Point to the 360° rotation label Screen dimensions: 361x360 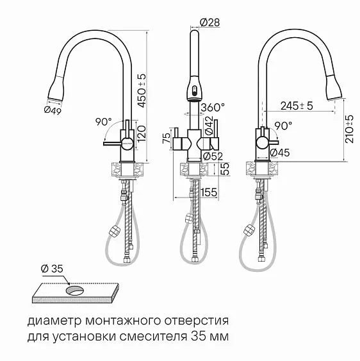tap(213, 107)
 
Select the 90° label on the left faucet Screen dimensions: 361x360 tap(102, 121)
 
